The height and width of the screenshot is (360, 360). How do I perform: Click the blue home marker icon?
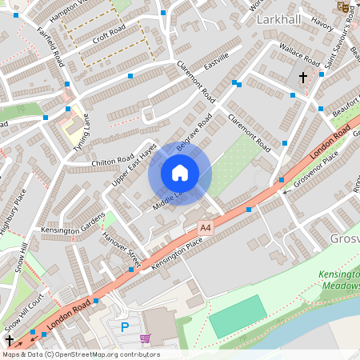(179, 173)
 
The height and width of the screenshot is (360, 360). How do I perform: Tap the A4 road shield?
(206, 228)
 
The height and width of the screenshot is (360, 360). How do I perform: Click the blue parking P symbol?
(124, 326)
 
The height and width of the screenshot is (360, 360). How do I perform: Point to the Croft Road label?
(110, 38)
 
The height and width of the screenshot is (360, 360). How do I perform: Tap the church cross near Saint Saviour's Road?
(303, 78)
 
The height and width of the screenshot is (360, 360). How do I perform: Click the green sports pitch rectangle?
(237, 316)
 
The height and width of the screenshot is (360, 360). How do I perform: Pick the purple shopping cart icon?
(145, 338)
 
